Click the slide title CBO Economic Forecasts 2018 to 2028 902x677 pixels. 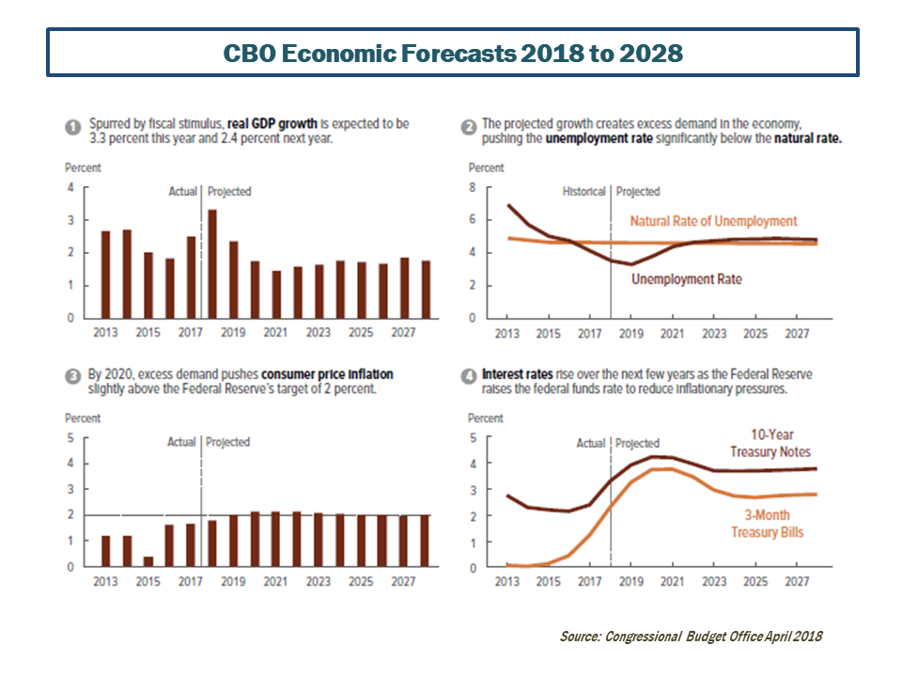point(452,53)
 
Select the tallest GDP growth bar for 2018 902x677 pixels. point(212,263)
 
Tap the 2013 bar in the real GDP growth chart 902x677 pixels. point(106,274)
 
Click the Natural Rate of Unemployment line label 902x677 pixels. point(713,221)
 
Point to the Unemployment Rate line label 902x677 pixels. point(686,279)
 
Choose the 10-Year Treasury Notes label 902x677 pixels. point(770,444)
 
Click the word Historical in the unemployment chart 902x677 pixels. point(584,192)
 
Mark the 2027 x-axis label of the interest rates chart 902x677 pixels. point(796,582)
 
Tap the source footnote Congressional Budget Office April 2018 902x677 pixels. point(691,637)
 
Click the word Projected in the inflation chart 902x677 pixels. point(228,442)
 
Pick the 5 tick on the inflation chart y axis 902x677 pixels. point(69,438)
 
